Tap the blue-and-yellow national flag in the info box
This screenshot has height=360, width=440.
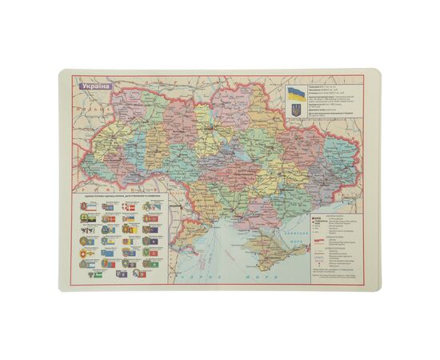pos(295,93)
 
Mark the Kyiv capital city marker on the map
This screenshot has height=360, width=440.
pos(210,128)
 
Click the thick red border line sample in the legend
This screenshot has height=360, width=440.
pos(318,240)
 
